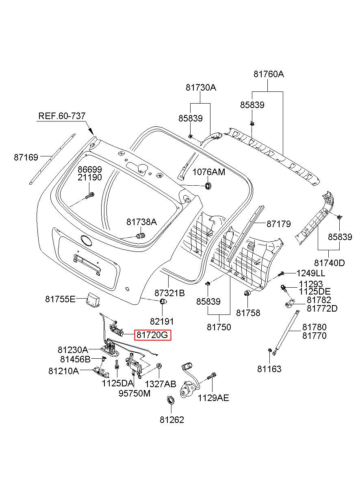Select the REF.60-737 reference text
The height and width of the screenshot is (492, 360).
(62, 116)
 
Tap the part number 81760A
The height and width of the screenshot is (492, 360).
(269, 74)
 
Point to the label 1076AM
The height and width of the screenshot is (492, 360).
(209, 172)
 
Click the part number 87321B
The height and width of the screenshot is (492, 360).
(169, 293)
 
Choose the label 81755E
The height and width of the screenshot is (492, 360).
(60, 299)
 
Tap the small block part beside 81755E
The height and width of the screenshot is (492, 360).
(93, 299)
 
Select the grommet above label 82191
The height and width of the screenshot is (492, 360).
(163, 301)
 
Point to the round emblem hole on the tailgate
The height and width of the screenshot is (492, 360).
(86, 240)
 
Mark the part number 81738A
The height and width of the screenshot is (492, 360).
(141, 222)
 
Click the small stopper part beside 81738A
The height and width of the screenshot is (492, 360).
(141, 236)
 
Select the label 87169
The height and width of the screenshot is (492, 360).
(26, 157)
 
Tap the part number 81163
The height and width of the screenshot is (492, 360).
(269, 369)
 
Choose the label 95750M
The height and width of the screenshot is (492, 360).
(134, 393)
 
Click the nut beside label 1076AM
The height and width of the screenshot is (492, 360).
(208, 186)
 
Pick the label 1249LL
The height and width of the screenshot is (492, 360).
(310, 273)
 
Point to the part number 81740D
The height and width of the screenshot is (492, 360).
(330, 263)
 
